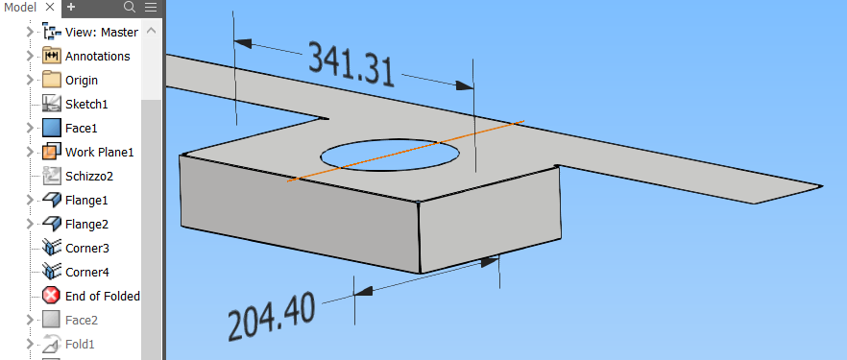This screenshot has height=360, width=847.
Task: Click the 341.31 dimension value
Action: (x=351, y=64)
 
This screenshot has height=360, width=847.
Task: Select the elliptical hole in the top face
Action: (x=390, y=156)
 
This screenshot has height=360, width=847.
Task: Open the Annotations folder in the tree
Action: (x=97, y=56)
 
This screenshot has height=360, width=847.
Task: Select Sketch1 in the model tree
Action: (x=86, y=104)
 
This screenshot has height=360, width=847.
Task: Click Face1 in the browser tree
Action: (x=81, y=128)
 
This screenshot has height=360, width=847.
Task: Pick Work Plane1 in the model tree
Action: (x=100, y=153)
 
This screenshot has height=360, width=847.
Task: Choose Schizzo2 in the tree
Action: (x=89, y=176)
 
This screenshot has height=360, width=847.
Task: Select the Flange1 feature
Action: (x=86, y=201)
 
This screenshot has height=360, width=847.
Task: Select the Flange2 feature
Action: (x=86, y=224)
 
